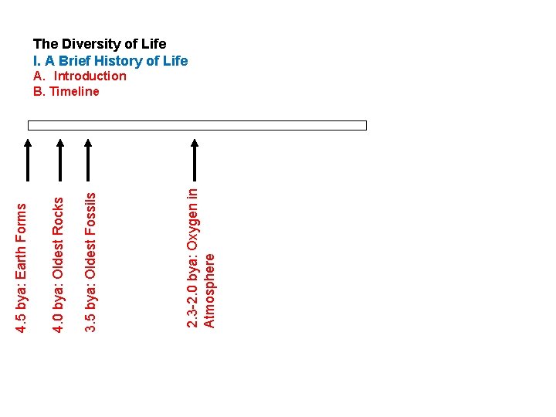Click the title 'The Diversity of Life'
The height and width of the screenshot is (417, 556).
click(x=99, y=44)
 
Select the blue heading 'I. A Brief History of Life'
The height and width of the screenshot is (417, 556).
click(x=110, y=60)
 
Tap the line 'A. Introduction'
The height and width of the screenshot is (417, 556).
click(x=80, y=76)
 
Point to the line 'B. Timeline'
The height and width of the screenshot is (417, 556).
click(x=66, y=91)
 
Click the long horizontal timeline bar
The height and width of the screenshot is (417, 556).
click(x=197, y=125)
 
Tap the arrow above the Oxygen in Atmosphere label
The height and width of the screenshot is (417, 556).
click(x=195, y=158)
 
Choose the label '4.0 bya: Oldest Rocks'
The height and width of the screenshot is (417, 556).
click(x=57, y=263)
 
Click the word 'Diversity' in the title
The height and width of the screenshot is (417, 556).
click(x=85, y=44)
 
